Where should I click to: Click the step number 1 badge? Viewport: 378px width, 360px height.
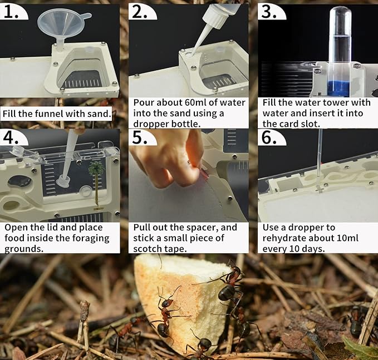click(12, 11)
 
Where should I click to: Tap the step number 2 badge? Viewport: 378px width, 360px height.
click(141, 11)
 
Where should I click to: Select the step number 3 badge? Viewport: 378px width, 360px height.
click(270, 11)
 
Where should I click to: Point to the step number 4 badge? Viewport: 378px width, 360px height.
click(12, 137)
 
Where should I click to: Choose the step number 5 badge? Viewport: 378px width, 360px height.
click(141, 137)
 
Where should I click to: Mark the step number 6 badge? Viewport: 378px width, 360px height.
click(270, 137)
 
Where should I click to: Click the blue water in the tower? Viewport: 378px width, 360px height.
click(338, 88)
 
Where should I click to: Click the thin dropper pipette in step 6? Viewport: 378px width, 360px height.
click(319, 161)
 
